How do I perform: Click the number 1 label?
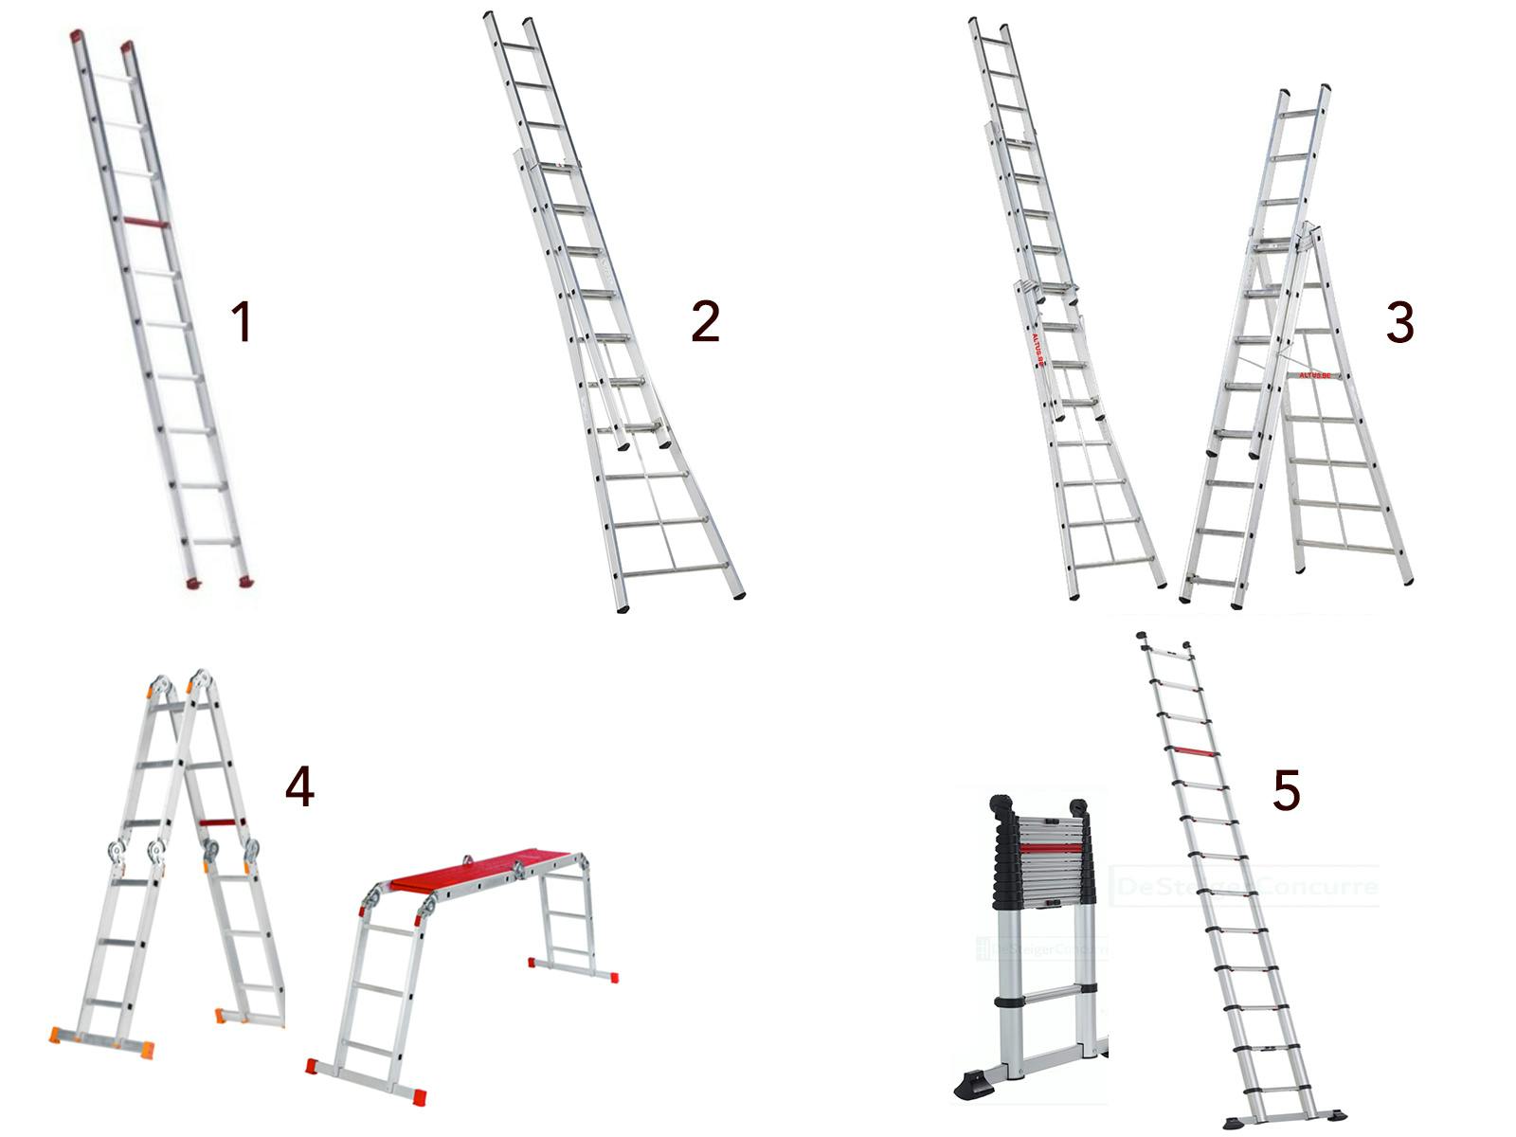pos(243,321)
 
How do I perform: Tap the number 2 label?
pos(706,321)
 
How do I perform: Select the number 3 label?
pos(1399,322)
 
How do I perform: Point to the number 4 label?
pos(299,786)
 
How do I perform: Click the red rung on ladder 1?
pos(146,223)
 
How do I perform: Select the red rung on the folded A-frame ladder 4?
pos(223,822)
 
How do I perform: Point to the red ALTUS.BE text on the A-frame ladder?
pos(1314,375)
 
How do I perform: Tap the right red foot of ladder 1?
pos(245,580)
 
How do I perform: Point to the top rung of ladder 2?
pos(517,45)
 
